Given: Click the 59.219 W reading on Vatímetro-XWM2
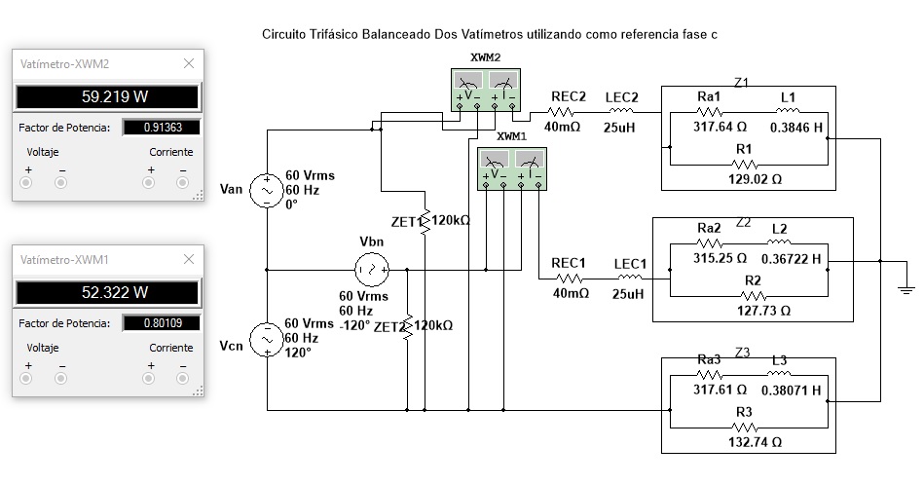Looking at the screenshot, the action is coord(115,96).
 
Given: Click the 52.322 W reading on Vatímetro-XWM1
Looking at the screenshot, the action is coord(115,292).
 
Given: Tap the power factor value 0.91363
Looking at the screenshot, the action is coord(163,128).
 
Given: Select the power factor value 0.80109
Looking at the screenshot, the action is coord(163,323).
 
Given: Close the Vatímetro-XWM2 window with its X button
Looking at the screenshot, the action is coord(189,63).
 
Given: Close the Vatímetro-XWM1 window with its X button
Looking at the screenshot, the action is coord(189,259).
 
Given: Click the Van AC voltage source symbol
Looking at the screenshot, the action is coord(267,191).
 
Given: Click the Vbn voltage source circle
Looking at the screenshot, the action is coord(372,270).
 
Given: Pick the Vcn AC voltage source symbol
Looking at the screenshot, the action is coord(267,340).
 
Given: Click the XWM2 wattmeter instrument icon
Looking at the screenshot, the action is coord(486,90).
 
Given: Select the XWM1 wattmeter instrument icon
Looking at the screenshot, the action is coord(511,168).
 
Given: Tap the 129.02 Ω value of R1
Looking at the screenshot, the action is coord(755,179).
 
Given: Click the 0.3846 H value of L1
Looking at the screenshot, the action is coord(796,128).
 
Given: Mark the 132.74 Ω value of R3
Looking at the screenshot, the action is coord(755,442).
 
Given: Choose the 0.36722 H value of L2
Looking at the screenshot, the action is coord(791,259).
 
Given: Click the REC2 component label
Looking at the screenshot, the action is coord(569,96).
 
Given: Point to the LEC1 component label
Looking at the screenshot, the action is coord(631,264).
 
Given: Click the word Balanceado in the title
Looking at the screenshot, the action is coord(396,34).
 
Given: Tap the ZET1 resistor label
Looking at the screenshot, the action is coord(407,222).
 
